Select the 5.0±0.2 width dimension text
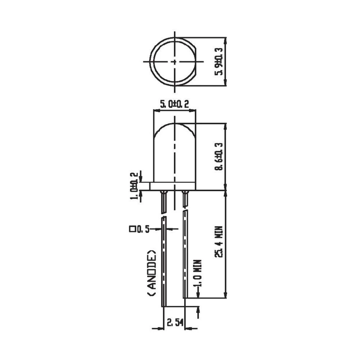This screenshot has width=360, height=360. pyautogui.click(x=175, y=104)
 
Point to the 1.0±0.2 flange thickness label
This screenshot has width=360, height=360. pyautogui.click(x=134, y=186)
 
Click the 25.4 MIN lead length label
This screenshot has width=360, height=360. pyautogui.click(x=219, y=242)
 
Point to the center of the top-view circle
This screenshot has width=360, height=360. pyautogui.click(x=175, y=62)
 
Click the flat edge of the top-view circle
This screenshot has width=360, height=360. pyautogui.click(x=196, y=62)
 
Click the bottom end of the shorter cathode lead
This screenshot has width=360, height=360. pyautogui.click(x=185, y=297)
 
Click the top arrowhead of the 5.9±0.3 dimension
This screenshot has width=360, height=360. pyautogui.click(x=226, y=40)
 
